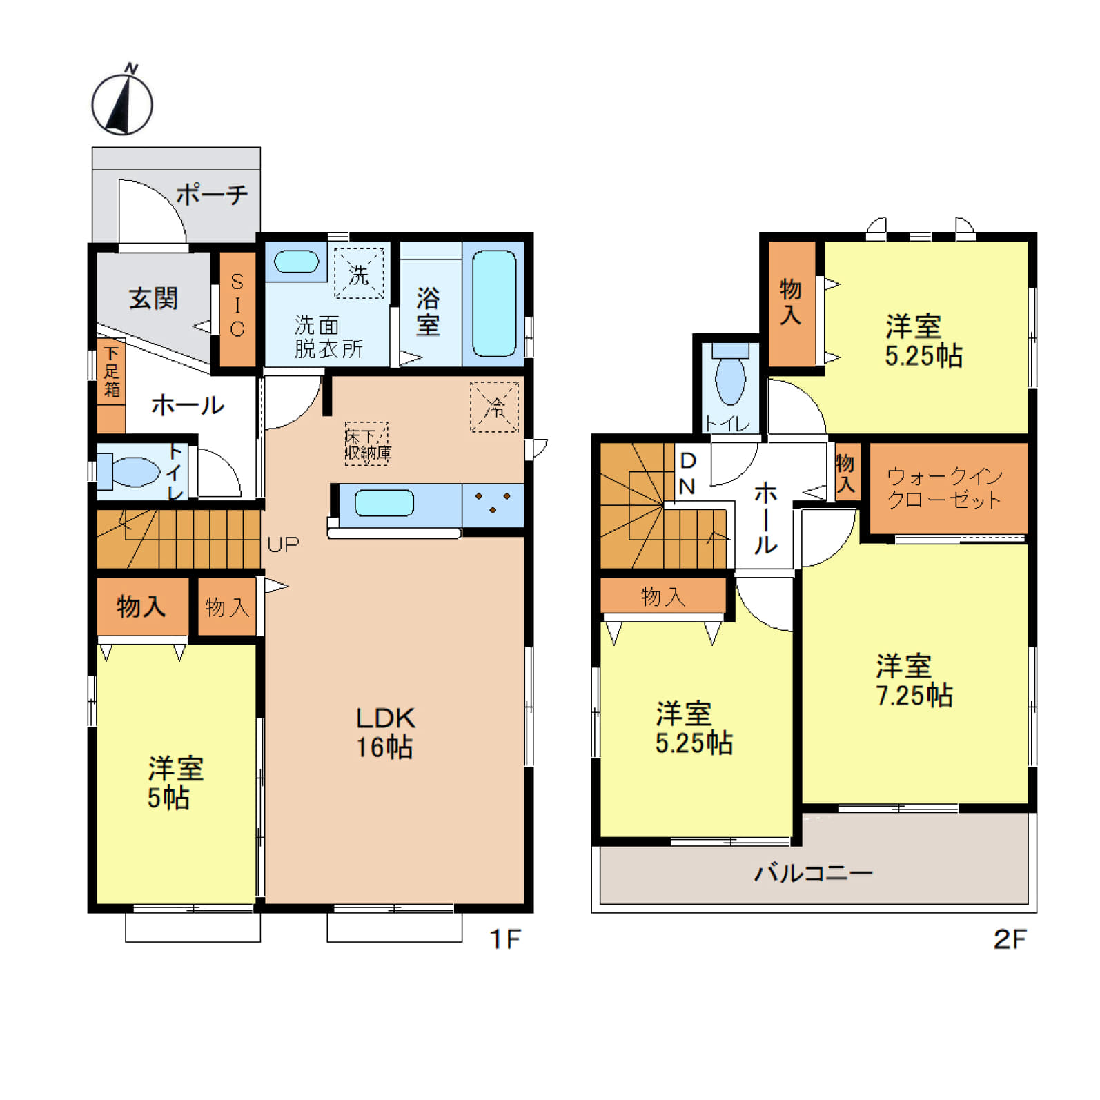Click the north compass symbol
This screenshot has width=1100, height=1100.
tap(122, 101)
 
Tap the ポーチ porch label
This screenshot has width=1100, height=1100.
tap(212, 195)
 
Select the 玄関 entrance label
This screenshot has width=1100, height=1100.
tap(153, 299)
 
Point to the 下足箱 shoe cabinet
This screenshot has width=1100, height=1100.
tap(111, 385)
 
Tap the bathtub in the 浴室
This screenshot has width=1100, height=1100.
tap(494, 304)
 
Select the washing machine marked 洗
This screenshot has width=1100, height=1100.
tap(359, 273)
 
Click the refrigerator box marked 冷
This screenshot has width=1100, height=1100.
tap(494, 407)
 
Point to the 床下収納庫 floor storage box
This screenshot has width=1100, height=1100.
tap(366, 444)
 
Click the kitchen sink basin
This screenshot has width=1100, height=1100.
tap(384, 503)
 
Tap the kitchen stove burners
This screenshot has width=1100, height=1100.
tap(493, 502)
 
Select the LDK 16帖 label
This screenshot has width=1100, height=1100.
tap(385, 733)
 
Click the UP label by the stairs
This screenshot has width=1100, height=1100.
tap(283, 544)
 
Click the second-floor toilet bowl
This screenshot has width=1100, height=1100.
tap(730, 379)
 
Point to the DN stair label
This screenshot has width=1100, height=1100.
tap(687, 473)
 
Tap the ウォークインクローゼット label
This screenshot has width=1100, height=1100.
tap(944, 488)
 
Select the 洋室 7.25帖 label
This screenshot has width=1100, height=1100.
tap(914, 680)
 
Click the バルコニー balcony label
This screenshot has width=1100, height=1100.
tap(814, 873)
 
